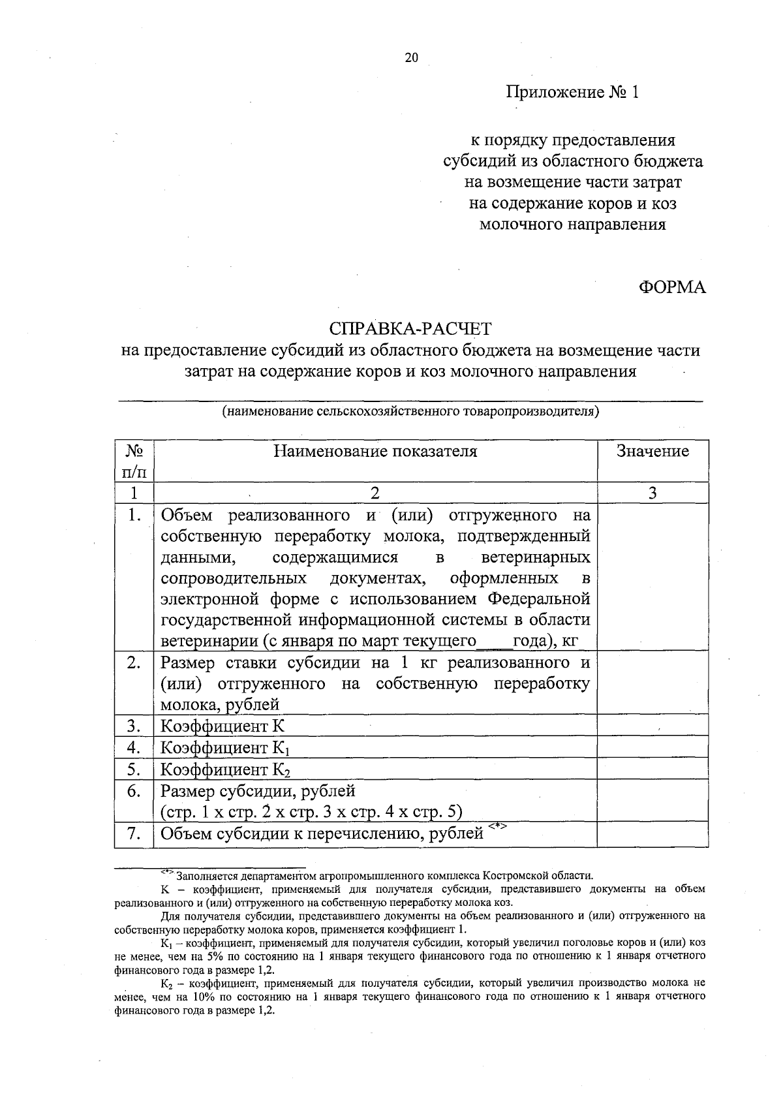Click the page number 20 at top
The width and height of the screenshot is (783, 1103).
click(411, 57)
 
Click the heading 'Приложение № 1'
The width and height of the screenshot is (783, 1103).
click(572, 92)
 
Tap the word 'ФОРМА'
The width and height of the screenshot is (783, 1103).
click(671, 287)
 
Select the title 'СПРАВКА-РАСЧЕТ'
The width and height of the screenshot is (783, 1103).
click(410, 328)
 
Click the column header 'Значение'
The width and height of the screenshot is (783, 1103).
click(652, 452)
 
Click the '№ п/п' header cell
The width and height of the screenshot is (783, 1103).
click(134, 460)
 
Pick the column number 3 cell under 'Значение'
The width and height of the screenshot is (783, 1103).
click(652, 493)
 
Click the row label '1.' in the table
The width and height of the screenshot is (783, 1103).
click(134, 516)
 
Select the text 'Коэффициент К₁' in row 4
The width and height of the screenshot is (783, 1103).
click(225, 748)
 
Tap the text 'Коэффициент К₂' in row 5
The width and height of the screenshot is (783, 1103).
click(225, 769)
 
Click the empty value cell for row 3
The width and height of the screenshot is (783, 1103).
click(652, 726)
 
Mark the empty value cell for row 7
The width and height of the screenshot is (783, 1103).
click(652, 833)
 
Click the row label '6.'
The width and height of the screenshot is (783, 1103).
click(134, 792)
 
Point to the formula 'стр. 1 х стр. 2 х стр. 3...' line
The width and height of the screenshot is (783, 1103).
click(312, 813)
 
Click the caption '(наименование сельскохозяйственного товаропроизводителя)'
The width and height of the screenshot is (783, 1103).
click(410, 412)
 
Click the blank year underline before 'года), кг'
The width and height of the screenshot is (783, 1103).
click(494, 642)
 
